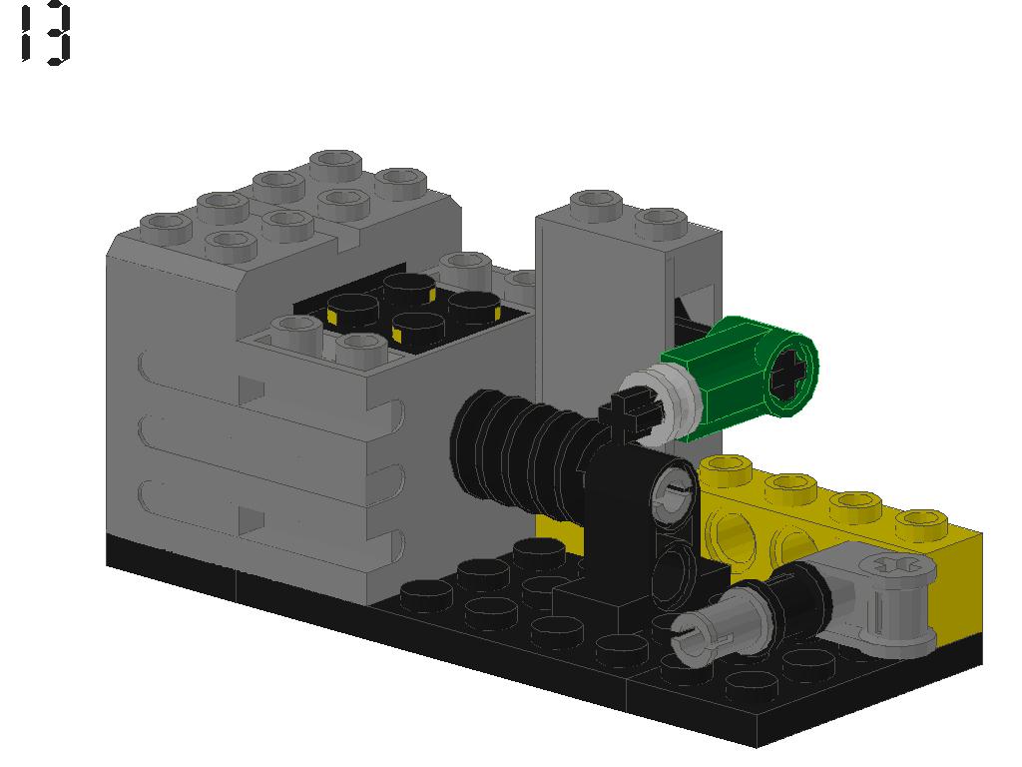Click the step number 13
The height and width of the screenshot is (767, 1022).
coord(46,34)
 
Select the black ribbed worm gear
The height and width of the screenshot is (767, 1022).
coord(519,449)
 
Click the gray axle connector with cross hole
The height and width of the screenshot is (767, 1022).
coord(893,599)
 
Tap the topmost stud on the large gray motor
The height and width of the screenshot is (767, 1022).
coord(335,163)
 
